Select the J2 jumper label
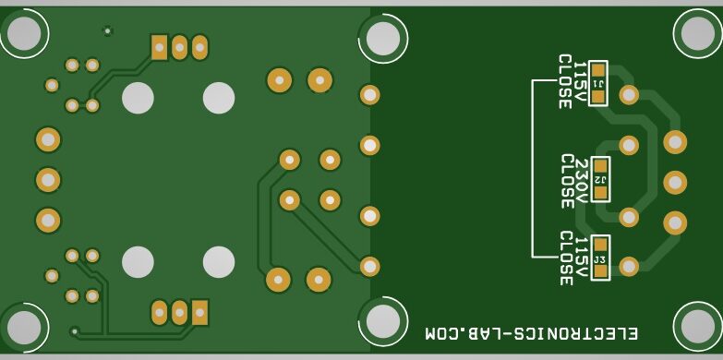click(x=599, y=178)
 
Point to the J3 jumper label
click(x=599, y=259)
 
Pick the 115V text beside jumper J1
click(x=580, y=81)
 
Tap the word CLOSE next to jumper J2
click(x=566, y=181)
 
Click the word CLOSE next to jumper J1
click(x=564, y=81)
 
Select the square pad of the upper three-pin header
click(x=160, y=46)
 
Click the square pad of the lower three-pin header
click(x=199, y=312)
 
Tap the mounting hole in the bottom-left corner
click(x=23, y=326)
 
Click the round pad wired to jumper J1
click(x=629, y=94)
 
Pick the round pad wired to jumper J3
click(x=629, y=266)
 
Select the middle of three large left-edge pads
click(x=47, y=179)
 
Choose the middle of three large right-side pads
click(x=675, y=182)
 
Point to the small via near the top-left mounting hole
click(x=107, y=30)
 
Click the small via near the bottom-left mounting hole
click(x=75, y=330)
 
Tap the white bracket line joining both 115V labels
click(x=533, y=166)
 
